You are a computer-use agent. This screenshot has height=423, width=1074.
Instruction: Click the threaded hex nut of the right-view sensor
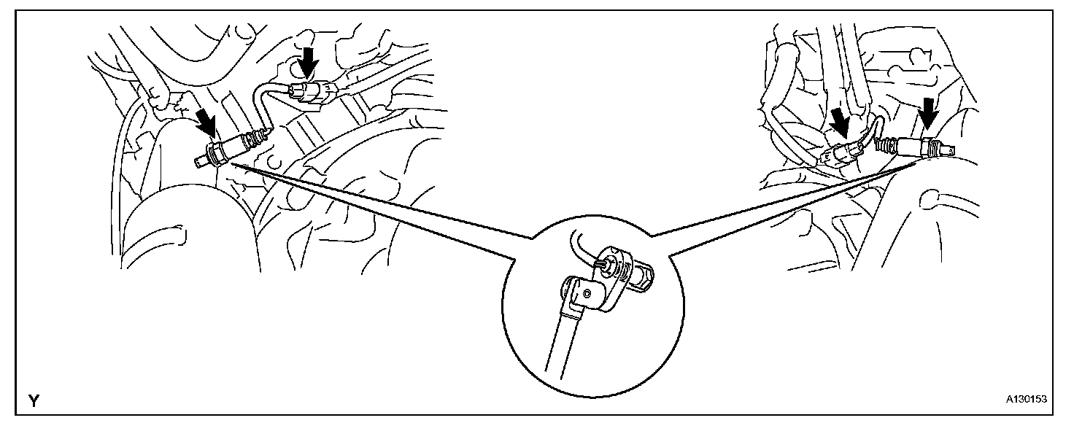click(x=928, y=145)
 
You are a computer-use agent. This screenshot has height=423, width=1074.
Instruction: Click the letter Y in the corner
click(x=34, y=400)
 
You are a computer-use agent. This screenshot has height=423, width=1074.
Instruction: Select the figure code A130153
click(x=1026, y=400)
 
